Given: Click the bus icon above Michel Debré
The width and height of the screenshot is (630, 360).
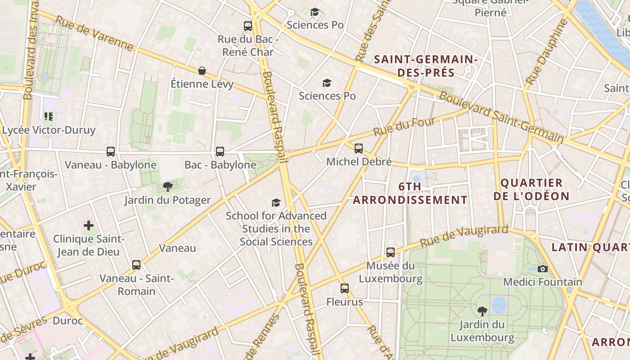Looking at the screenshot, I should click(x=359, y=148).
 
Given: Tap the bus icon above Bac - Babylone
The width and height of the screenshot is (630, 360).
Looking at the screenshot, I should click(x=220, y=152).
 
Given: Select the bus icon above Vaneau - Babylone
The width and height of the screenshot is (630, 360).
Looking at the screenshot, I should click(x=111, y=152).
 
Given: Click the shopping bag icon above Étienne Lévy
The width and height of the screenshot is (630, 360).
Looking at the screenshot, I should click(x=202, y=71).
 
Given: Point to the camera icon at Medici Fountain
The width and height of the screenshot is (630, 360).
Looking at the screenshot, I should click(x=543, y=269).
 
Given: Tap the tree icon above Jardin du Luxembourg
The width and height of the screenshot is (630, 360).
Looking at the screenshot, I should click(x=482, y=311).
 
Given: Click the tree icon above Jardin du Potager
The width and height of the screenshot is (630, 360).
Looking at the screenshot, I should click(x=167, y=187).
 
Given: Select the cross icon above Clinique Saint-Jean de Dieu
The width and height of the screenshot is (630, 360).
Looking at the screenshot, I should click(x=89, y=225).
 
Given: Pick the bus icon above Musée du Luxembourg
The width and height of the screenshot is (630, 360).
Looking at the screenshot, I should click(x=391, y=252).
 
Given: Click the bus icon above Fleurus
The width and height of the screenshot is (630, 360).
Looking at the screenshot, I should click(x=345, y=288).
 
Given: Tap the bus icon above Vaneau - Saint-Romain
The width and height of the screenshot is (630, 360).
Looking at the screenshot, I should click(x=136, y=265).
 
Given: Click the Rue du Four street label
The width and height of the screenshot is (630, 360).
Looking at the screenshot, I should click(x=405, y=126).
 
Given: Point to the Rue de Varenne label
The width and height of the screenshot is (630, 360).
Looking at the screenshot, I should click(x=94, y=33).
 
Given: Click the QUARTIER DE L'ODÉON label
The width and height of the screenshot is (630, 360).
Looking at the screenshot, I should click(x=531, y=189).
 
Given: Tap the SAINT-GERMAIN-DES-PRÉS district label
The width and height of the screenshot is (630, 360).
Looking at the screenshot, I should click(x=426, y=66).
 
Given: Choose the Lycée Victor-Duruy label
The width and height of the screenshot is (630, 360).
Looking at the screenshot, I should click(x=49, y=130).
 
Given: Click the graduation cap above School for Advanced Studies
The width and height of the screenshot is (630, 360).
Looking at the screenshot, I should click(x=276, y=203).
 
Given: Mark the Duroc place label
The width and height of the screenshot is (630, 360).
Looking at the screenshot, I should click(x=67, y=321).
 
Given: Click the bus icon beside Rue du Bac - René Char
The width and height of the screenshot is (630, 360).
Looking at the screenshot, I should click(x=248, y=26).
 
